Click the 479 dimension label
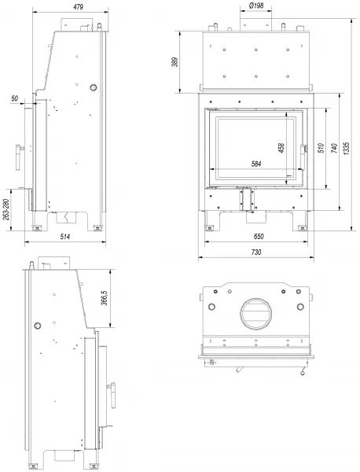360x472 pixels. pyautogui.click(x=78, y=6)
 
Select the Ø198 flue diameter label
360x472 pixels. pyautogui.click(x=256, y=6)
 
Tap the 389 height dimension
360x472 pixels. pyautogui.click(x=176, y=62)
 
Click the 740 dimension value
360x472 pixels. pyautogui.click(x=334, y=148)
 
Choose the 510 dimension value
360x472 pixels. pyautogui.click(x=321, y=148)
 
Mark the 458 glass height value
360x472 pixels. pyautogui.click(x=281, y=148)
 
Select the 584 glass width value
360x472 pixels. pyautogui.click(x=256, y=164)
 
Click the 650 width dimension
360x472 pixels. pyautogui.click(x=259, y=237)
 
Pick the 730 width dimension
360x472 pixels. pyautogui.click(x=256, y=253)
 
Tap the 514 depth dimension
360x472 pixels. pyautogui.click(x=65, y=237)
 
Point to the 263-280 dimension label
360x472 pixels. pyautogui.click(x=6, y=209)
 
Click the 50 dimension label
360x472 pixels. pyautogui.click(x=14, y=98)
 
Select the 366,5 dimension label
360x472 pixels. pyautogui.click(x=105, y=298)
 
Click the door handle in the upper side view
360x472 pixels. pyautogui.click(x=19, y=157)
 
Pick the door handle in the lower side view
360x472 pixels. pyautogui.click(x=112, y=395)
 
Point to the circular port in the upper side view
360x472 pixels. pyautogui.click(x=94, y=87)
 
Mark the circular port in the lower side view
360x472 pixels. pyautogui.click(x=38, y=326)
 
